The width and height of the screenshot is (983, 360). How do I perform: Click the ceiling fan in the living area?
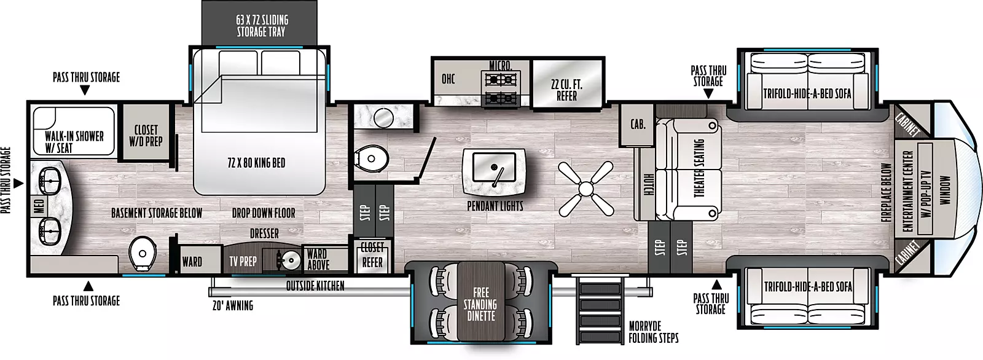[586, 189]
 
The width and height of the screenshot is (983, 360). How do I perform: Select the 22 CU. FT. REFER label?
[567, 90]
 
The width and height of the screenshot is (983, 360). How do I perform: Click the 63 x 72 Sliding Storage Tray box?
[259, 22]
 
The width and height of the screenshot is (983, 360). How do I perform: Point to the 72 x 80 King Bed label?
[256, 163]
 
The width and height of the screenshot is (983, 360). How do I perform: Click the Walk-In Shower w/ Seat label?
[74, 142]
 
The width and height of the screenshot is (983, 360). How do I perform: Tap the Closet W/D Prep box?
[146, 131]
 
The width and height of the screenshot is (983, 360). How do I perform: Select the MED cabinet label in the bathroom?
[39, 207]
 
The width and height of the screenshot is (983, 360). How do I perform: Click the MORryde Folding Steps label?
[654, 332]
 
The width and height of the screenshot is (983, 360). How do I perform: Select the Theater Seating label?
[700, 168]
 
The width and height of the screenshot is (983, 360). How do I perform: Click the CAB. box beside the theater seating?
[636, 125]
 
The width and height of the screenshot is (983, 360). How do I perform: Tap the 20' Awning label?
[233, 305]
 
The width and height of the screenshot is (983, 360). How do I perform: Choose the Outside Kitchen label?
[315, 286]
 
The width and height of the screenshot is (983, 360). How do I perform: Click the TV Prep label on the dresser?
[243, 262]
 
